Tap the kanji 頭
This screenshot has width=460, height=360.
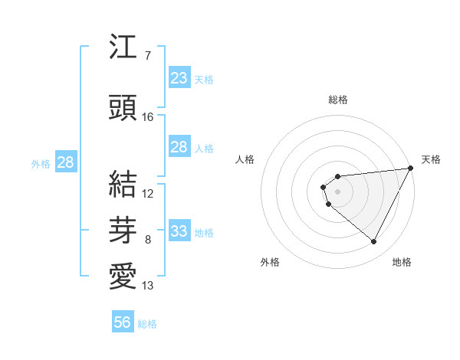[x=123, y=107]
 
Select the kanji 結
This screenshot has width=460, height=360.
[x=123, y=184]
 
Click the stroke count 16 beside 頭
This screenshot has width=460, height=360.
[x=148, y=117]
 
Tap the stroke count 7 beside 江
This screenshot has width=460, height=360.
[x=147, y=56]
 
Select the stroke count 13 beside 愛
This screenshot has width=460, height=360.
[x=148, y=286]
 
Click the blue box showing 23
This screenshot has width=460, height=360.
[x=179, y=78]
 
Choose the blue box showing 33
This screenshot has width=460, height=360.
[x=179, y=231]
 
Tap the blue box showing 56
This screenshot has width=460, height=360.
[x=123, y=322]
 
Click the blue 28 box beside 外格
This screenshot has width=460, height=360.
[x=65, y=162]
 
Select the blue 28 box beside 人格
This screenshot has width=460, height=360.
[x=179, y=147]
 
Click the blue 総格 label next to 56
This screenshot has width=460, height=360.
[x=147, y=324]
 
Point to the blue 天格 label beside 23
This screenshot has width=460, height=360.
[x=204, y=79]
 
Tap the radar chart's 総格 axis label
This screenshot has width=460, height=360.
[x=337, y=100]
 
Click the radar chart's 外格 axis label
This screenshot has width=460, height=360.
[x=270, y=262]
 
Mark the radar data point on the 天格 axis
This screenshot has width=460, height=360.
[x=410, y=168]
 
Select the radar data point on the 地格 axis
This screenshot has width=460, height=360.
[x=373, y=241]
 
